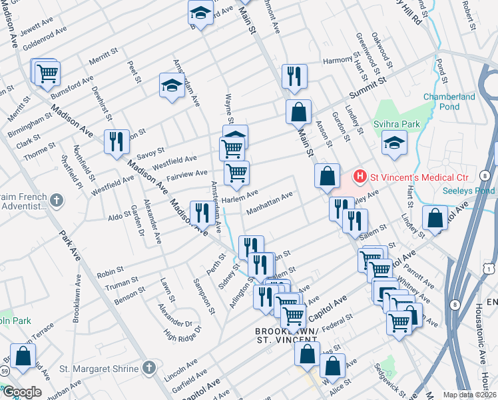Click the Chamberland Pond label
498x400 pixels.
tap(449, 101)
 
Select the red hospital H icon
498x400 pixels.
tap(360, 177)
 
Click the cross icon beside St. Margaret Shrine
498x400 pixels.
tap(150, 368)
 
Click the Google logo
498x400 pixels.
tap(22, 392)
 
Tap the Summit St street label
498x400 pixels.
tap(368, 88)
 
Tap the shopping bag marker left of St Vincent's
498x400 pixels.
tap(327, 177)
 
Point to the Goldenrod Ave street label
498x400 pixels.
tap(45, 37)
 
